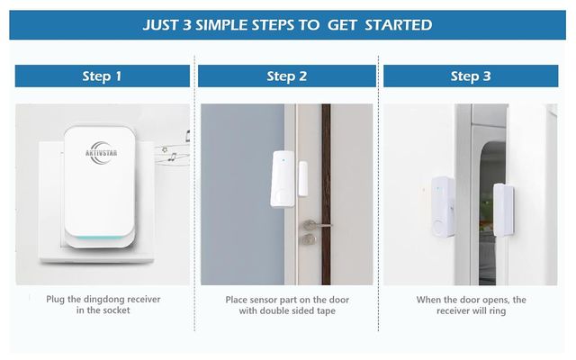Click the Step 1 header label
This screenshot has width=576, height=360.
click(102, 76)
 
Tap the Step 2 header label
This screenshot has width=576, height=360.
click(286, 76)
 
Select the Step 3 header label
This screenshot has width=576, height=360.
click(471, 76)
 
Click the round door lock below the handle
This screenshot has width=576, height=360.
click(309, 239)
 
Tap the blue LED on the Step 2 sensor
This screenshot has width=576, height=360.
click(283, 163)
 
